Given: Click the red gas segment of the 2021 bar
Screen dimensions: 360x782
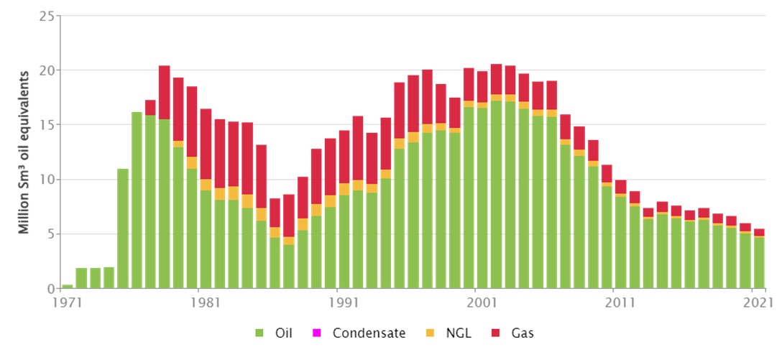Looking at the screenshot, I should pyautogui.click(x=759, y=232).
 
